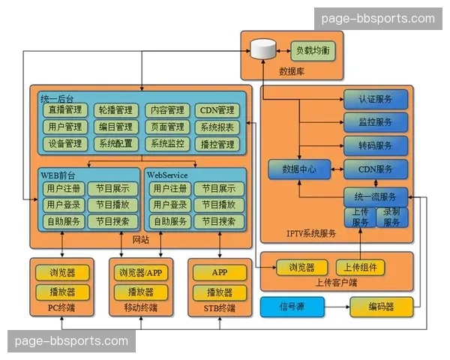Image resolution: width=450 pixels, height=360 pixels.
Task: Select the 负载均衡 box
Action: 312,51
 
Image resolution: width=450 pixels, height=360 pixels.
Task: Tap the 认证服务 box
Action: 376,99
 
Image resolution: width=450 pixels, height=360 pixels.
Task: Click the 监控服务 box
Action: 376,121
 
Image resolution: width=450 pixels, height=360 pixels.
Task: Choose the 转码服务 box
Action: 376,145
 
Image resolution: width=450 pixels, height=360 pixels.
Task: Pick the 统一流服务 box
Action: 376,197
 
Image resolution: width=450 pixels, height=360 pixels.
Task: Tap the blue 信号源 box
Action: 292,306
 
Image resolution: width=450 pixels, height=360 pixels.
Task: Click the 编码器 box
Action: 382,306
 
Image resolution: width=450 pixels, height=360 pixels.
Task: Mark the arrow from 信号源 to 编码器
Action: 337,306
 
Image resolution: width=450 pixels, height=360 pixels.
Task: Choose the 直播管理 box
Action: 66,110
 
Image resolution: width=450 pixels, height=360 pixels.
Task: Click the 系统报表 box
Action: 218,127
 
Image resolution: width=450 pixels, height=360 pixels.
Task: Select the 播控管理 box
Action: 218,144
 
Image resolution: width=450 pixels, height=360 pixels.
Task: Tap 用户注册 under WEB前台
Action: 63,189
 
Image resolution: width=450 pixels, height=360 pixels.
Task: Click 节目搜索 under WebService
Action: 219,221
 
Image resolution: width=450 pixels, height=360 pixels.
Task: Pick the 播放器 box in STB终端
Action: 219,292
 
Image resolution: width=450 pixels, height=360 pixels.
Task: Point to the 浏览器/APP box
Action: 140,272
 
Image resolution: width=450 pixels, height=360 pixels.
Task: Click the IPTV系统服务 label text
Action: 311,233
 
